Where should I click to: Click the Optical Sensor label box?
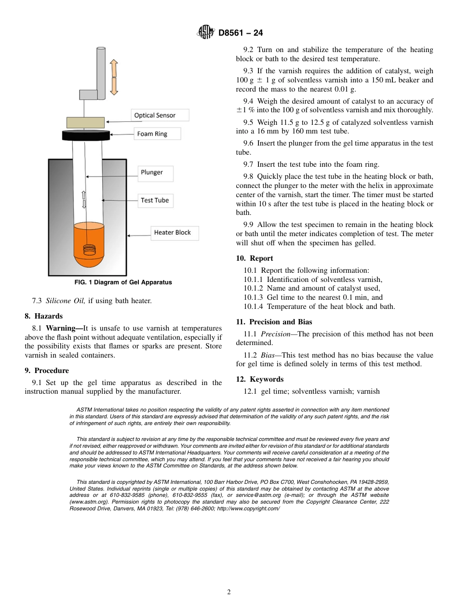[160, 115]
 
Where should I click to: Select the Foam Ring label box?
[157, 134]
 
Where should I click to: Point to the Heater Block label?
[174, 233]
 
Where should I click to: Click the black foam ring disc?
[85, 135]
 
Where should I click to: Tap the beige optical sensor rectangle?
[85, 122]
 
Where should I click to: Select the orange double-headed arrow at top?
[114, 77]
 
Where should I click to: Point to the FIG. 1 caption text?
[123, 282]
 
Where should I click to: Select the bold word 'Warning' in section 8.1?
[64, 328]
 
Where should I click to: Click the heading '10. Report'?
[255, 258]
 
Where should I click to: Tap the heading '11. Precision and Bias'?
[274, 322]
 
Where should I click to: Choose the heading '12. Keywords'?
[259, 379]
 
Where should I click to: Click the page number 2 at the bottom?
[229, 592]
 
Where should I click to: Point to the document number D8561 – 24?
[241, 33]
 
